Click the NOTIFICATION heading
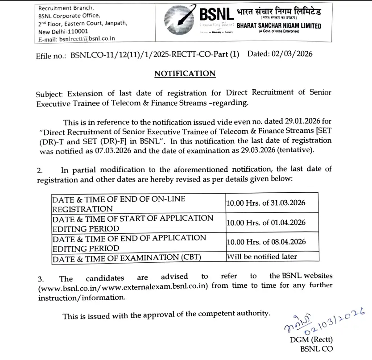pyautogui.click(x=185, y=74)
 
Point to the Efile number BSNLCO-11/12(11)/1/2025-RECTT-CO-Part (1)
pyautogui.click(x=155, y=54)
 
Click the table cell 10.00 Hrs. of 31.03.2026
pyautogui.click(x=266, y=203)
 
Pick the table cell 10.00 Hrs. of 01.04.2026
pyautogui.click(x=266, y=222)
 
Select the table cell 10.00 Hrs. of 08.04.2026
pyautogui.click(x=266, y=242)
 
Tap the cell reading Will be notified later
pyautogui.click(x=262, y=257)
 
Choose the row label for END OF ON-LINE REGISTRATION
pyautogui.click(x=119, y=203)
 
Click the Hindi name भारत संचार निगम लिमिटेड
pyautogui.click(x=278, y=11)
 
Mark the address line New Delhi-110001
pyautogui.click(x=63, y=32)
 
